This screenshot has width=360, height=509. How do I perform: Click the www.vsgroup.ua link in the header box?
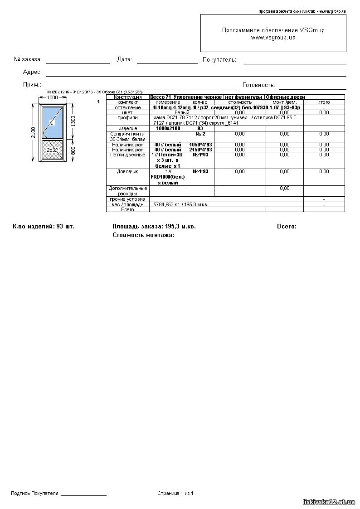pos(273,38)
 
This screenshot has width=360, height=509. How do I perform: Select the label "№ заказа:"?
pos(28,59)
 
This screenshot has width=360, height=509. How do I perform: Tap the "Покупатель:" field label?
pos(219,60)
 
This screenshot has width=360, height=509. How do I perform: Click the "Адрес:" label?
pos(32,72)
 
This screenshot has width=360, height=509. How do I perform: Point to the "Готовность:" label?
pos(259,85)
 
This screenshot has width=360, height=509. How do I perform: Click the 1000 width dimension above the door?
pos(53,97)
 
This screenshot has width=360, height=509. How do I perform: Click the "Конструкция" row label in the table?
pos(127,97)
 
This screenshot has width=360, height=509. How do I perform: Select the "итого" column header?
pos(324,102)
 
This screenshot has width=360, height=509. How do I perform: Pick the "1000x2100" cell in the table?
pos(168,129)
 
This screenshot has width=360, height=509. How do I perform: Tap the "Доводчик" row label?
pos(127,172)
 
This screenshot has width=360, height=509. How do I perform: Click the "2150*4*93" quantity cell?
pos(200,150)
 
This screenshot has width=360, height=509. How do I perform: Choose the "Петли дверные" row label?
pos(127,155)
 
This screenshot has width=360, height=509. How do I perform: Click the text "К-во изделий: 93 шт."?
pos(44,226)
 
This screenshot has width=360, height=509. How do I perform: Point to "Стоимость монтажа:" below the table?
pos(143,235)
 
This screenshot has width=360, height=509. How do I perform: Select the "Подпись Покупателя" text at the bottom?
pos(35,493)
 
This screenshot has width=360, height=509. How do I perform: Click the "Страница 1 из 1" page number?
pos(175,493)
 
